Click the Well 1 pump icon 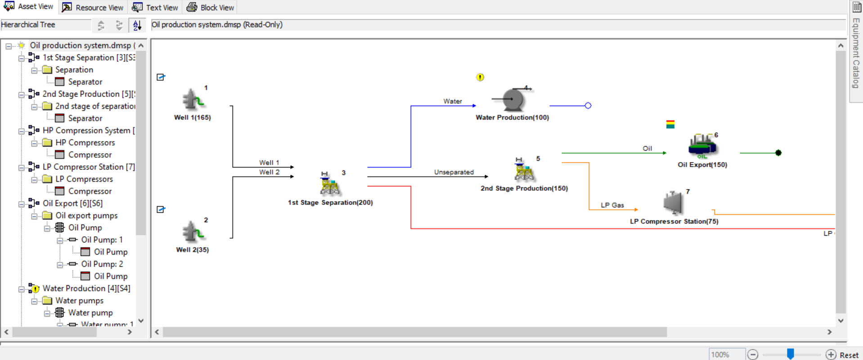pyautogui.click(x=193, y=99)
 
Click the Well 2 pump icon pyautogui.click(x=193, y=232)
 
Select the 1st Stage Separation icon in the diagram pyautogui.click(x=329, y=184)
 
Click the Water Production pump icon pyautogui.click(x=513, y=99)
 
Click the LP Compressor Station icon pyautogui.click(x=673, y=203)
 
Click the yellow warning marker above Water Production pyautogui.click(x=480, y=77)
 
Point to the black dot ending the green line pyautogui.click(x=778, y=153)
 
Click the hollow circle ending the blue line pyautogui.click(x=588, y=106)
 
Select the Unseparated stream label pyautogui.click(x=454, y=172)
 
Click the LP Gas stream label pyautogui.click(x=612, y=205)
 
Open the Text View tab pyautogui.click(x=156, y=8)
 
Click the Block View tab pyautogui.click(x=211, y=8)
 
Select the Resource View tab pyautogui.click(x=93, y=8)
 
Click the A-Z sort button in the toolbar pyautogui.click(x=137, y=25)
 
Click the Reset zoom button pyautogui.click(x=849, y=355)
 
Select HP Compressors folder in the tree pyautogui.click(x=85, y=143)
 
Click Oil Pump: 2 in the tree pyautogui.click(x=102, y=264)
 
